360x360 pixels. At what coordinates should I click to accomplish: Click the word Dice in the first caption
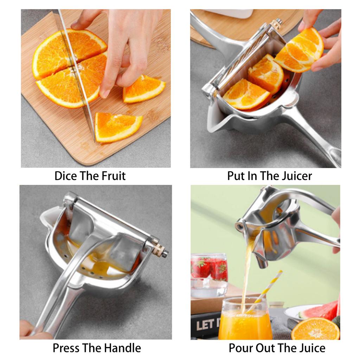pyautogui.click(x=66, y=176)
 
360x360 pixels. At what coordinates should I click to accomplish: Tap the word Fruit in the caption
pyautogui.click(x=114, y=176)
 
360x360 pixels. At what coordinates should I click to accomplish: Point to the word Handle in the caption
pyautogui.click(x=123, y=348)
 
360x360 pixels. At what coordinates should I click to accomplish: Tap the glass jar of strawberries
pyautogui.click(x=209, y=274)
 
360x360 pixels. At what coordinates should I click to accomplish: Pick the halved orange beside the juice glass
pyautogui.click(x=315, y=330)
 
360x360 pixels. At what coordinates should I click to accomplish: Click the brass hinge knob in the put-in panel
pyautogui.click(x=277, y=24)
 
